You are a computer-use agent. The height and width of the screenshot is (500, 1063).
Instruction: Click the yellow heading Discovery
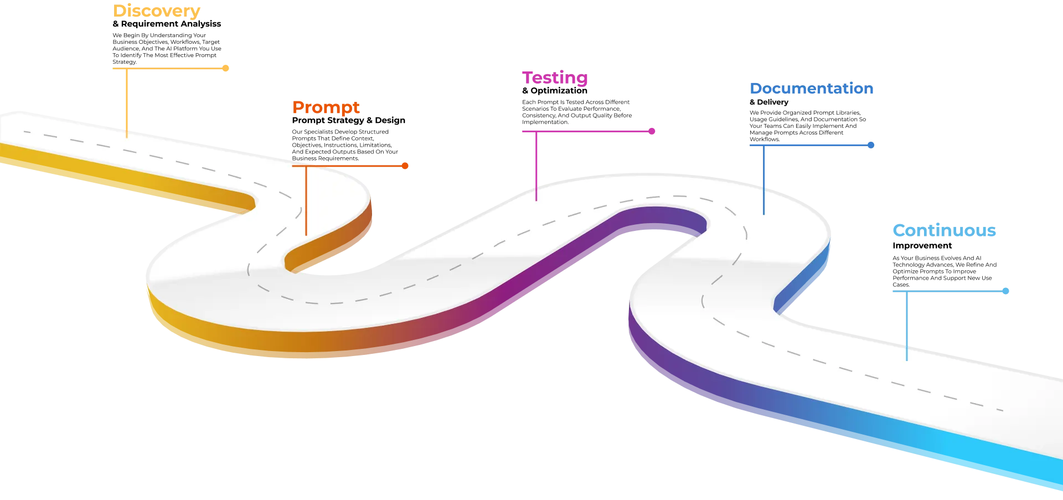[x=156, y=11]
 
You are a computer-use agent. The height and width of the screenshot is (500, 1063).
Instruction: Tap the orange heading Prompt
[x=326, y=107]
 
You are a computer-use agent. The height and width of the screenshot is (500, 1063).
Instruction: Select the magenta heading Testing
[x=555, y=78]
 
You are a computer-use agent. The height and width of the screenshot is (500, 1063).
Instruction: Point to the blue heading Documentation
[x=812, y=89]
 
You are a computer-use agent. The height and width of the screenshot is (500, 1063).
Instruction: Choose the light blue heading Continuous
[x=945, y=230]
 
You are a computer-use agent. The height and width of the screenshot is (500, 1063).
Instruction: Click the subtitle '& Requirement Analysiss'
[x=167, y=24]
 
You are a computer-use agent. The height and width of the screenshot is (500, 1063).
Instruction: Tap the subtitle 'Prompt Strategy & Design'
[x=349, y=120]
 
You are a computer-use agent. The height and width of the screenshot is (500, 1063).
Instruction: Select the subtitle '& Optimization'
[x=555, y=91]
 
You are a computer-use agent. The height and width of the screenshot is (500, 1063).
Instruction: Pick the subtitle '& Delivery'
[x=769, y=102]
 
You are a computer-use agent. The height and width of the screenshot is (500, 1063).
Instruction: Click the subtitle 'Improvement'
[x=922, y=246]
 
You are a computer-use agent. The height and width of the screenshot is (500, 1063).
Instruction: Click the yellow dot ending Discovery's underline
[x=225, y=68]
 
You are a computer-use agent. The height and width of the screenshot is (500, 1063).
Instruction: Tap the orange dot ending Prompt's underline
[x=405, y=166]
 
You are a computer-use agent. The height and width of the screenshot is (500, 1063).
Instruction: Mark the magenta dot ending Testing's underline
[x=652, y=131]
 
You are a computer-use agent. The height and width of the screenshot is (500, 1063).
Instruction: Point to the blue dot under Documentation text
[x=871, y=145]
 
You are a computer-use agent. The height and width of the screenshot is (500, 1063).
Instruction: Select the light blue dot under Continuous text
[x=1006, y=291]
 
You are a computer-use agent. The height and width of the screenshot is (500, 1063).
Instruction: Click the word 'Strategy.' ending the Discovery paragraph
[x=125, y=62]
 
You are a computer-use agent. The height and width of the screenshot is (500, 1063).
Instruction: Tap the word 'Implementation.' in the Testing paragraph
[x=545, y=122]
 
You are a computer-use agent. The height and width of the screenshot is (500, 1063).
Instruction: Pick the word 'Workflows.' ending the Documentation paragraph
[x=765, y=140]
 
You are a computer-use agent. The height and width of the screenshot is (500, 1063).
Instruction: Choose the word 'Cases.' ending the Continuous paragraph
[x=901, y=285]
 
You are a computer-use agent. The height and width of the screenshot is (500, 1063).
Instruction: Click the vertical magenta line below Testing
[x=536, y=166]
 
